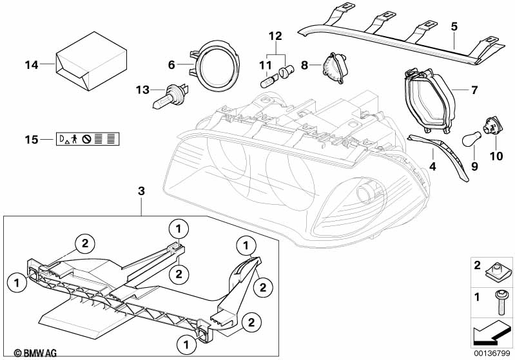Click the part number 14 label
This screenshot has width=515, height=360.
32,65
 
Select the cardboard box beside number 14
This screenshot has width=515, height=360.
92,61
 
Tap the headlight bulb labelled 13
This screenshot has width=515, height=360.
171,95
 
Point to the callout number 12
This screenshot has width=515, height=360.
275,36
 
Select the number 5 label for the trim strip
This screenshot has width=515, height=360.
454,27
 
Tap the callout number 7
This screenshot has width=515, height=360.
474,90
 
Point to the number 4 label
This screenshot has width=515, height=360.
433,167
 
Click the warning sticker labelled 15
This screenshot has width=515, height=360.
88,139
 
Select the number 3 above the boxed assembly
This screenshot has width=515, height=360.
141,191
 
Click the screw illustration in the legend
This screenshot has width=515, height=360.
500,303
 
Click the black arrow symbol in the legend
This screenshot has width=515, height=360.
491,334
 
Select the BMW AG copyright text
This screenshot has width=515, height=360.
35,353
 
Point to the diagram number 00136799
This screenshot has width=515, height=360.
492,354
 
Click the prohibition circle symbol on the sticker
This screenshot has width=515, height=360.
86,140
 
